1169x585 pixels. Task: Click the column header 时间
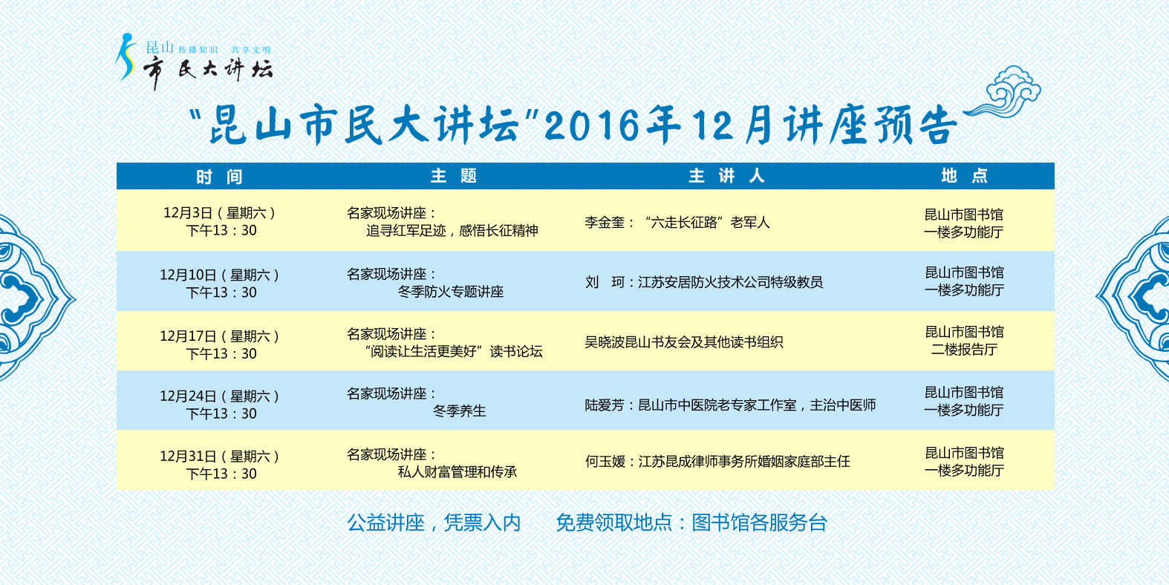click(x=219, y=177)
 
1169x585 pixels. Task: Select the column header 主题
click(x=454, y=176)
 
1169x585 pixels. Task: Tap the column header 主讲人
click(x=726, y=176)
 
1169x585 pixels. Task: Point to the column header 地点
click(x=964, y=176)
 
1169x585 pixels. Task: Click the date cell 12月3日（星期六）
click(x=219, y=213)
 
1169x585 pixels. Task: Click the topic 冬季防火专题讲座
click(x=450, y=292)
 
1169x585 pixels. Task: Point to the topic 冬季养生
click(x=459, y=411)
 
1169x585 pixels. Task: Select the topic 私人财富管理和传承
click(x=457, y=472)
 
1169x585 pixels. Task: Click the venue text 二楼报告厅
click(x=964, y=350)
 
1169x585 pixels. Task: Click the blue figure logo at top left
click(x=126, y=56)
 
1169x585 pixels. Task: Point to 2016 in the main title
click(x=591, y=126)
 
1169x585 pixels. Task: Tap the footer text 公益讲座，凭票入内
click(x=434, y=523)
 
